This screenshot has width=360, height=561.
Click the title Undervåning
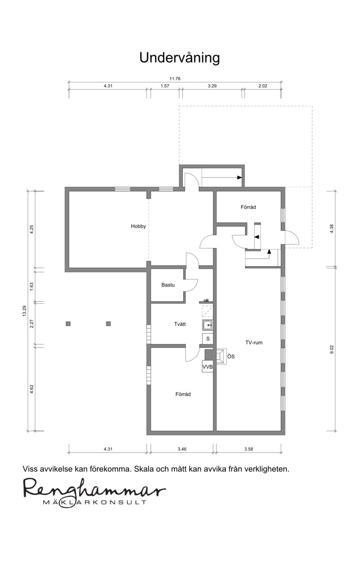tap(180, 58)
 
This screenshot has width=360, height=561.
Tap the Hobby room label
tap(138, 226)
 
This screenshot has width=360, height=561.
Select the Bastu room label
tap(168, 285)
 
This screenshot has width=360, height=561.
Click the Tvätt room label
tap(180, 324)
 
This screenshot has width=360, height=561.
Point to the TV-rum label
tap(254, 343)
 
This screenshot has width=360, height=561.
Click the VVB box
tap(207, 367)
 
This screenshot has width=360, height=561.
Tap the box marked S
tap(207, 339)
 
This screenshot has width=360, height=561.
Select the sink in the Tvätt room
tap(207, 325)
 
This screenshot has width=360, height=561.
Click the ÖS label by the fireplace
tap(231, 356)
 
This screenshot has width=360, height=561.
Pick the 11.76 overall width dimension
tap(175, 79)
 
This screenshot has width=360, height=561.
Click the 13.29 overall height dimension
tap(24, 311)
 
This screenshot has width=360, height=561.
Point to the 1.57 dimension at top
tap(165, 86)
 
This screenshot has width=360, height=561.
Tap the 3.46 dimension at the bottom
tap(182, 449)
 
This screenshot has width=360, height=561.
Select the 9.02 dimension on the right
tap(332, 349)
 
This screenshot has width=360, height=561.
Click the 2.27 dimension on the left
tap(31, 324)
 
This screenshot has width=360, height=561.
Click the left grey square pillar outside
tap(68, 324)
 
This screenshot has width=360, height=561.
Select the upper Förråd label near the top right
tap(248, 207)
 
